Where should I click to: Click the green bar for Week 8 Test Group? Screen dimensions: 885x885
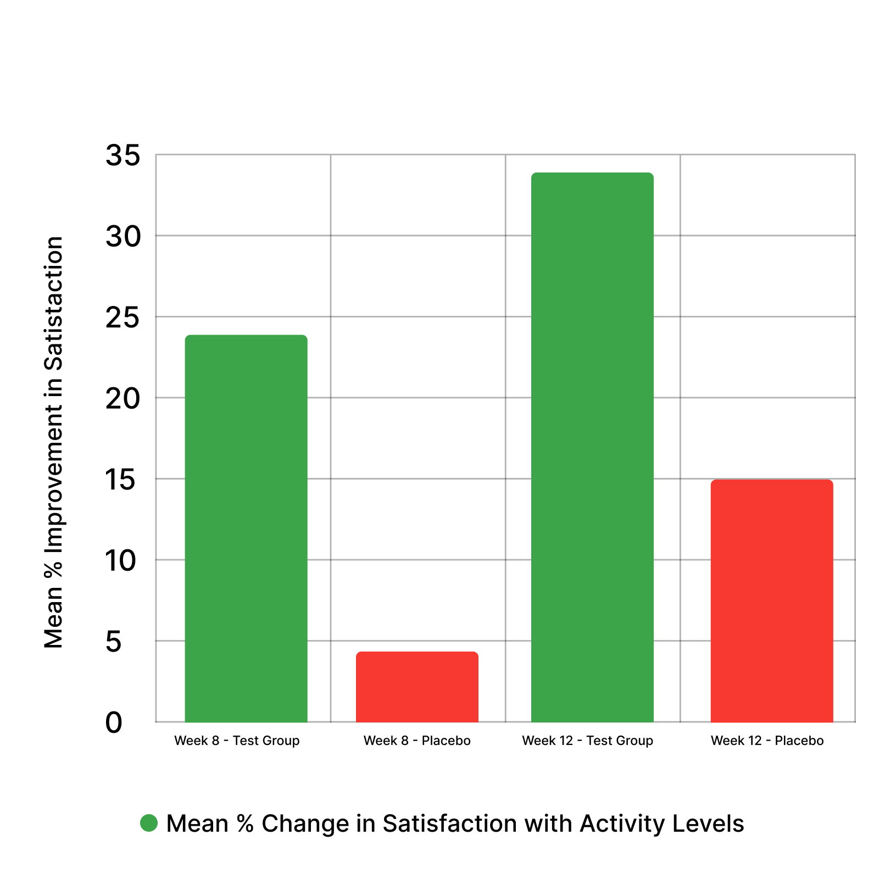coord(246,528)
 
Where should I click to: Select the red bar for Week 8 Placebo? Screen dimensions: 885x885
coord(417,686)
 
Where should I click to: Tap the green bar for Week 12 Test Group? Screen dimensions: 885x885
coord(592,447)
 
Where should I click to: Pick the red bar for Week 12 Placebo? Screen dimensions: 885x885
coord(771,600)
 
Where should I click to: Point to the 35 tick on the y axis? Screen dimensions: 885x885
coord(123,155)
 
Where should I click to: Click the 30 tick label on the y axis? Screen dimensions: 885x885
coord(123,237)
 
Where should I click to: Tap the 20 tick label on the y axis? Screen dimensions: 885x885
coord(123,399)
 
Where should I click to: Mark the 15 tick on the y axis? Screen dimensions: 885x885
coord(121,480)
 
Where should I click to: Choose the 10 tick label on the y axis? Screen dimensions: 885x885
coord(121,561)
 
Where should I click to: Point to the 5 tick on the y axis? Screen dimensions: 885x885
coord(114,642)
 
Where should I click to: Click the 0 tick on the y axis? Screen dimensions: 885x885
coord(114,722)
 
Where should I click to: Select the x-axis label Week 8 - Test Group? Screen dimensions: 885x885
coord(237,741)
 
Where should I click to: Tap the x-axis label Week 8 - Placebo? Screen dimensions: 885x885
coord(417,741)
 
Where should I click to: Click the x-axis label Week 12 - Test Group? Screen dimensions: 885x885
coord(587,741)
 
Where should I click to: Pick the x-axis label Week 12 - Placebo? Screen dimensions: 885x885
coord(767,741)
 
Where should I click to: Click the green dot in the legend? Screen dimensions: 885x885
coord(149,823)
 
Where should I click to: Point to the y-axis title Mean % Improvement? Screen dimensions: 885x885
coord(54,442)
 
